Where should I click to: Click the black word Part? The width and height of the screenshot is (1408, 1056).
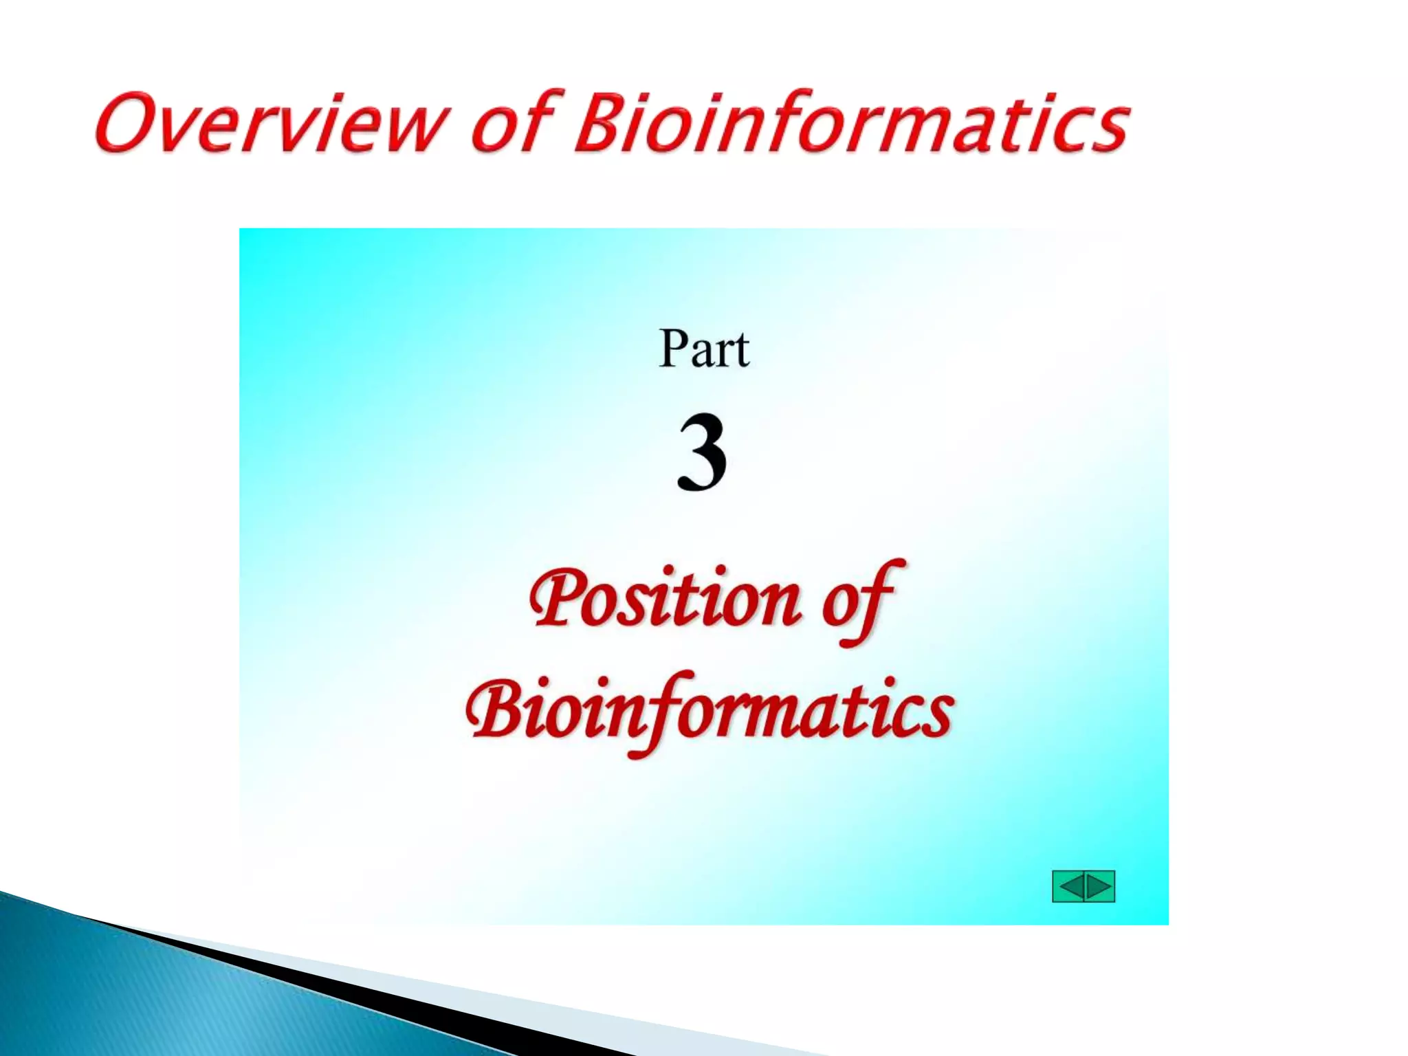coord(703,349)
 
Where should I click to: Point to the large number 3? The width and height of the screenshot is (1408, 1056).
coord(702,452)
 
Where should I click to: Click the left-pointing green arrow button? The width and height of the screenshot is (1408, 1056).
coord(1068,886)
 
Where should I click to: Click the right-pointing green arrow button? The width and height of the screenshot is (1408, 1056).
coord(1099,886)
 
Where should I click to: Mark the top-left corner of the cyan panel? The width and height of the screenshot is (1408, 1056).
coord(241,230)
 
